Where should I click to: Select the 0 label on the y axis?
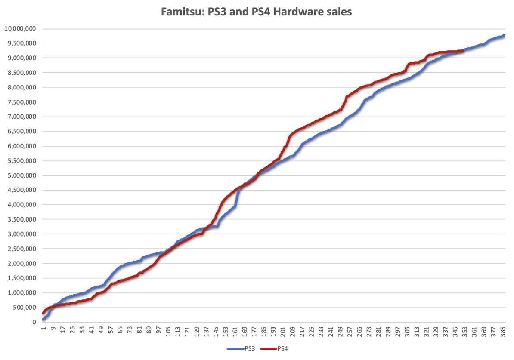pyautogui.click(x=33, y=322)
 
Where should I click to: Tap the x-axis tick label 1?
pyautogui.click(x=43, y=330)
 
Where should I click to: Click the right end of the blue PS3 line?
pyautogui.click(x=504, y=36)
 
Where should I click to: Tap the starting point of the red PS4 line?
pyautogui.click(x=43, y=313)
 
